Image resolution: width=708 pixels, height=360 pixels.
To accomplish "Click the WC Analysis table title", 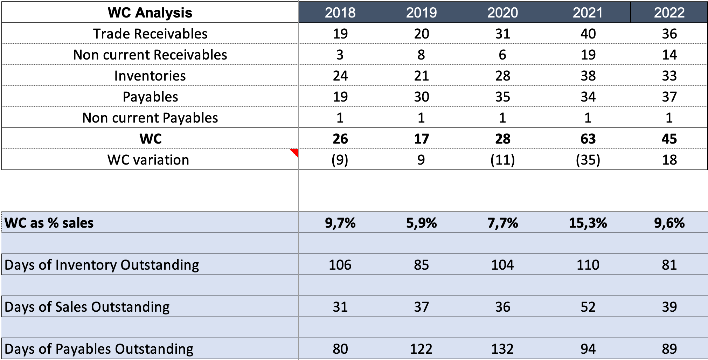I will tap(150, 13).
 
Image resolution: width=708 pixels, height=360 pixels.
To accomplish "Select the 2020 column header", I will tap(502, 13).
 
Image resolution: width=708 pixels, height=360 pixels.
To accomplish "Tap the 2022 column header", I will tap(669, 13).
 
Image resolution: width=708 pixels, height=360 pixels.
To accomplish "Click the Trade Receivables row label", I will tap(150, 34).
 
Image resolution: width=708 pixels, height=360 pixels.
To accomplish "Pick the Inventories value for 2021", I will tap(588, 76).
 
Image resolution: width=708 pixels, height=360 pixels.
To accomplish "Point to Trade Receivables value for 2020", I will tap(502, 34).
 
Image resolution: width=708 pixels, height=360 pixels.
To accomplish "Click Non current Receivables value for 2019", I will tap(421, 55).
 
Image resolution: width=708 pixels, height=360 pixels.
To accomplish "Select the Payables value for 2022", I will tap(669, 97).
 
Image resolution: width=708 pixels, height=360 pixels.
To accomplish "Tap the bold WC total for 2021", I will tap(588, 139).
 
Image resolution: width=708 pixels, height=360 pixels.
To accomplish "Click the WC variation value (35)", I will tap(588, 160).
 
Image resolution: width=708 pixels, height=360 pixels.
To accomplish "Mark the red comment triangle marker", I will tap(295, 152).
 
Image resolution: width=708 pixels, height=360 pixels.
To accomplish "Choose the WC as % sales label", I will tap(49, 223).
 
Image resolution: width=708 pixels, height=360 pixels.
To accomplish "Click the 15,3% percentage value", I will tap(588, 223).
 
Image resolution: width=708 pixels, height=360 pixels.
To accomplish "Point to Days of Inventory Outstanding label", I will tap(102, 265).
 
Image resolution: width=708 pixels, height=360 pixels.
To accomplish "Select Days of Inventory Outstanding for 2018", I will tap(340, 265).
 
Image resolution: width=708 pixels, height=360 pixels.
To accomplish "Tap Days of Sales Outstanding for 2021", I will tap(588, 307).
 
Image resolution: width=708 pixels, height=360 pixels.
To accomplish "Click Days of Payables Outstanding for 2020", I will tap(502, 349).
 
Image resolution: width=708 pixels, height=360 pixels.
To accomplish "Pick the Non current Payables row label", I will tap(150, 118).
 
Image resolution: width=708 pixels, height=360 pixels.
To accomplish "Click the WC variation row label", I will tap(148, 160).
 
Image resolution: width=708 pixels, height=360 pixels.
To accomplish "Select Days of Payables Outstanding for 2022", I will tap(669, 349).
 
